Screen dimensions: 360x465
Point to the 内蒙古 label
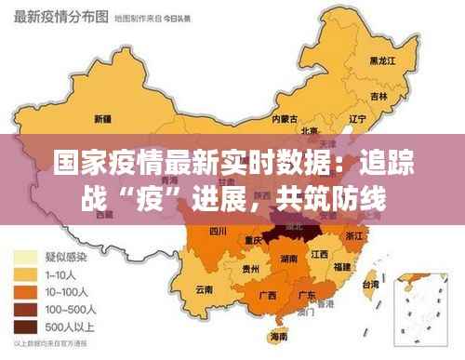pyautogui.click(x=285, y=119)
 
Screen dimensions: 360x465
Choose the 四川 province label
pyautogui.click(x=219, y=230)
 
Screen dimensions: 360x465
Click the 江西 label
pyautogui.click(x=320, y=253)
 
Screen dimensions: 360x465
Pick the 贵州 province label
pyautogui.click(x=251, y=269)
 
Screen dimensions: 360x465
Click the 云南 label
pyautogui.click(x=205, y=289)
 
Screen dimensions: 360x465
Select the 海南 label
pyautogui.click(x=278, y=337)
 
